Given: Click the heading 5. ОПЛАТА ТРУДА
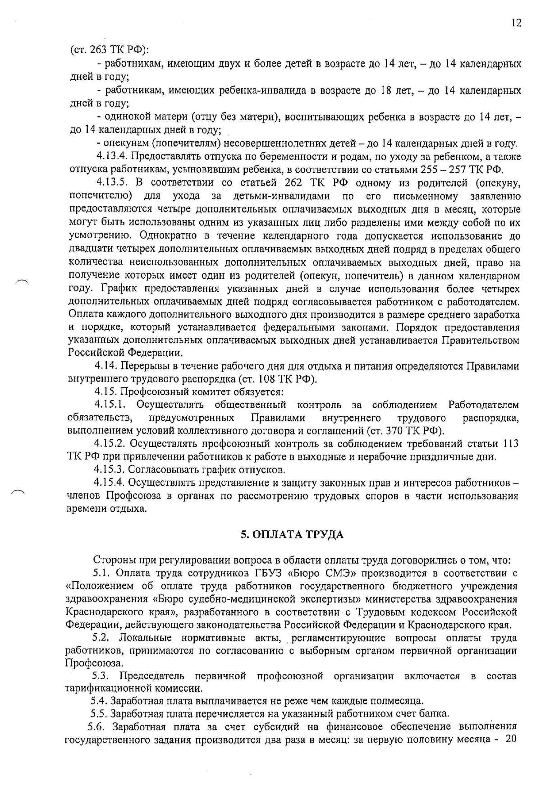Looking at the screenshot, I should [x=292, y=535].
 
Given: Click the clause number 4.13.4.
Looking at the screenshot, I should [x=111, y=157].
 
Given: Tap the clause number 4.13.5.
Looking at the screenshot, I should [x=111, y=183].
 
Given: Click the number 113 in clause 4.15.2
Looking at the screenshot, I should [x=510, y=444].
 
